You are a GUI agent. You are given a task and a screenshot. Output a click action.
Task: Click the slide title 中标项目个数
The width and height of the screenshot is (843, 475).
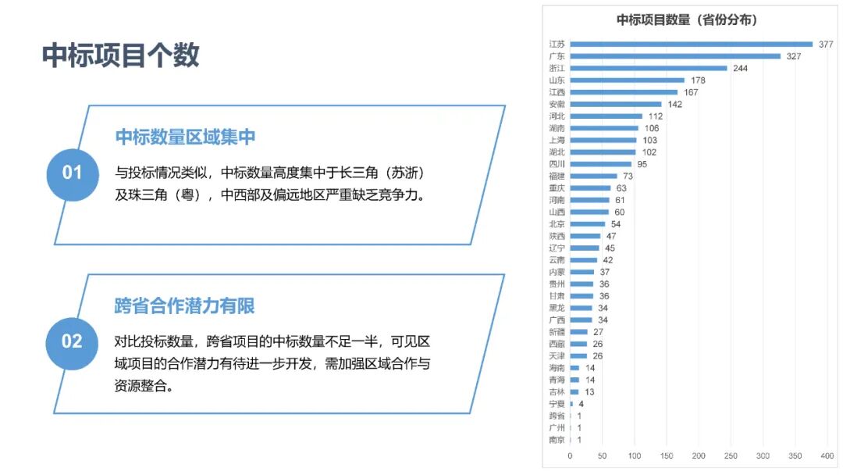click(120, 55)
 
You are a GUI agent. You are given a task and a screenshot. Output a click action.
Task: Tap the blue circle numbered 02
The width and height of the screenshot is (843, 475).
click(72, 342)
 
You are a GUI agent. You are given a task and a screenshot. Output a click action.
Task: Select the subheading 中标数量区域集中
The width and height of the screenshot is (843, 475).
click(185, 137)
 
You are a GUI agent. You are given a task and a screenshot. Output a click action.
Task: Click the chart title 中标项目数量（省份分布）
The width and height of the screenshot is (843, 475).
click(686, 20)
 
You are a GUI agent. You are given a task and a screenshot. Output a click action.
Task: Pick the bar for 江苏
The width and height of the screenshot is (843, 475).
click(691, 45)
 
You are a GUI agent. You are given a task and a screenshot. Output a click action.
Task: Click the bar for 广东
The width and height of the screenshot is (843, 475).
click(675, 56)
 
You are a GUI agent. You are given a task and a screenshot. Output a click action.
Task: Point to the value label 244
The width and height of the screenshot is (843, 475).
click(740, 68)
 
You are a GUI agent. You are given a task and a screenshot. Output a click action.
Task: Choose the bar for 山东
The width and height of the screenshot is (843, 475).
click(627, 80)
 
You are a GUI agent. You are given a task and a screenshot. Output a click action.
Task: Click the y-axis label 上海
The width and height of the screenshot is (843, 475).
click(557, 141)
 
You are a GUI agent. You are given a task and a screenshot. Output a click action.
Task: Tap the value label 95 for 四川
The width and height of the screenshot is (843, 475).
click(642, 164)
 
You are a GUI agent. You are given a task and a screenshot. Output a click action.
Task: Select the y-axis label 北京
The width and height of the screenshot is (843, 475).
click(557, 224)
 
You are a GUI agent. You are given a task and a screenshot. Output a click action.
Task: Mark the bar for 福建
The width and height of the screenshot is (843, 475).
click(593, 177)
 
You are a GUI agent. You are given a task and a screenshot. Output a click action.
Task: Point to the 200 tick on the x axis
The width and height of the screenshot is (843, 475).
click(699, 455)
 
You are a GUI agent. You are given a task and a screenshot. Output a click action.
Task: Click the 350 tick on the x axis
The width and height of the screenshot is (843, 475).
click(795, 455)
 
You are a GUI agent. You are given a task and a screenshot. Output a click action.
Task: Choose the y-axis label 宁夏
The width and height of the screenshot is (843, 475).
click(557, 404)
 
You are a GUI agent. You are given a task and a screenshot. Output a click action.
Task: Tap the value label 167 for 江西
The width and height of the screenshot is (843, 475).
click(690, 92)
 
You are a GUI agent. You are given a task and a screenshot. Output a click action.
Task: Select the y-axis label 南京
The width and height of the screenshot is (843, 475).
click(557, 440)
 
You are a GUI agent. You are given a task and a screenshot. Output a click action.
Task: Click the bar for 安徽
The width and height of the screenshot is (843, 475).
click(615, 104)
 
